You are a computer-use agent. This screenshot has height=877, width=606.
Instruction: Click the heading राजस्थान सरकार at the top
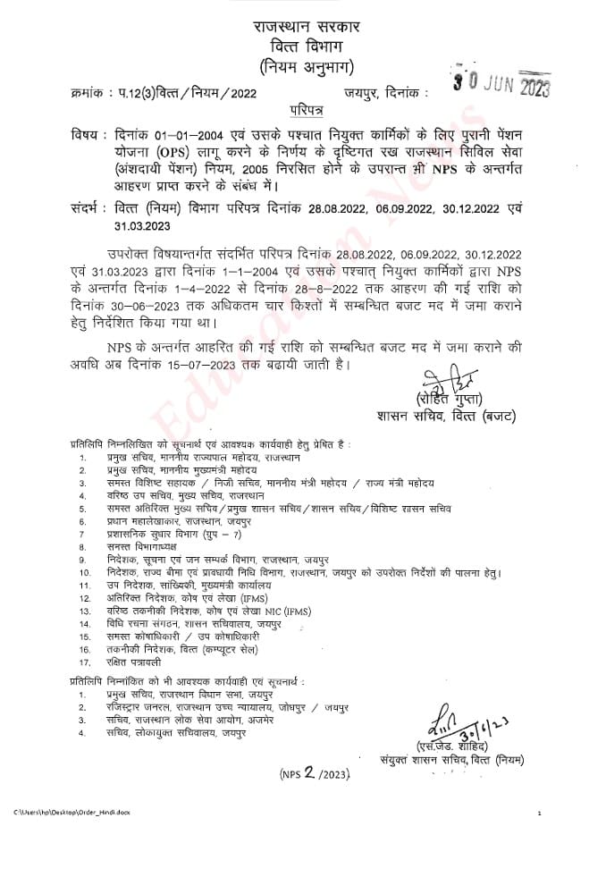pos(305,24)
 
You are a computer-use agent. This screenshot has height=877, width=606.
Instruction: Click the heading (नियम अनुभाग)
pos(304,65)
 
